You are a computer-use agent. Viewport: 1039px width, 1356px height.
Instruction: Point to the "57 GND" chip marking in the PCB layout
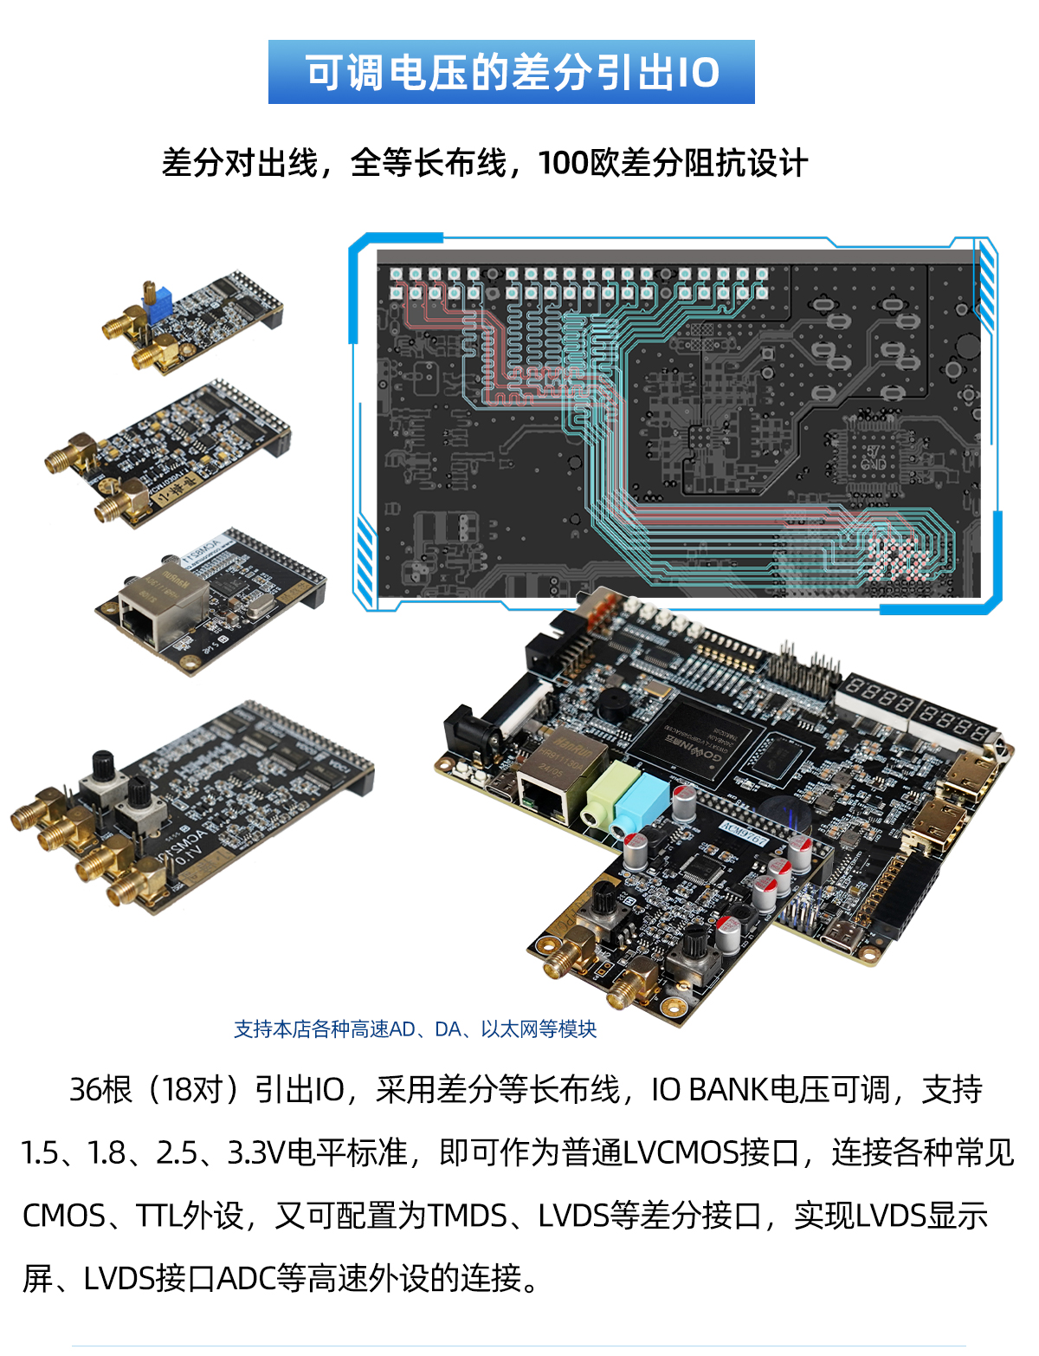click(873, 457)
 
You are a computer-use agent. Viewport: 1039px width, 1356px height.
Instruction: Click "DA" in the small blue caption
click(448, 1029)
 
